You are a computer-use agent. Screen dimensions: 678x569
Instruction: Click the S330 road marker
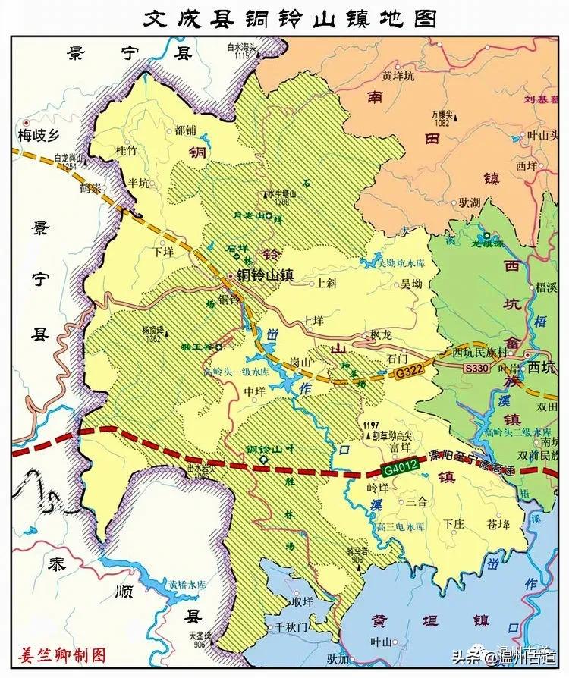pos(477,367)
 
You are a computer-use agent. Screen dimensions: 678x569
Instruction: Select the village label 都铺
pos(185,130)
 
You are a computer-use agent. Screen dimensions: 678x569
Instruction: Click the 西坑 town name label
pos(543,368)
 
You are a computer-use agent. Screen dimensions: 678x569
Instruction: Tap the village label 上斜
pos(325,283)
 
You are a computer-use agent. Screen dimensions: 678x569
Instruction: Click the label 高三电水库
pos(398,526)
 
